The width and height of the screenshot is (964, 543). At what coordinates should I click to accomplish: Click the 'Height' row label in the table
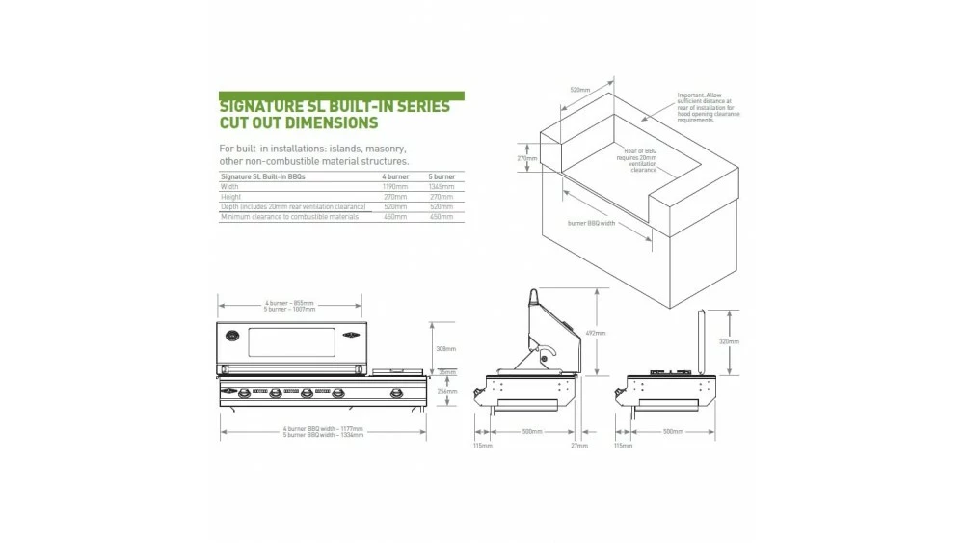[x=231, y=196]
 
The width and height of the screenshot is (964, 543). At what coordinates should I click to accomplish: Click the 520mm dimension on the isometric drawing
[x=579, y=90]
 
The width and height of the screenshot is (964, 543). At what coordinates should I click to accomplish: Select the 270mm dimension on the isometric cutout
[x=527, y=158]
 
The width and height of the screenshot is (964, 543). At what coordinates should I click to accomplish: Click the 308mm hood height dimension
[x=445, y=349]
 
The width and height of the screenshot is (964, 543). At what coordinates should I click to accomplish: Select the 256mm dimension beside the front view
[x=445, y=391]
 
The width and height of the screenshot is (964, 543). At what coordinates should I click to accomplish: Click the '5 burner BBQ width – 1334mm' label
[x=323, y=435]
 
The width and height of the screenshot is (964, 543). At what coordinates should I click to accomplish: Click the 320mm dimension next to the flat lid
[x=730, y=341]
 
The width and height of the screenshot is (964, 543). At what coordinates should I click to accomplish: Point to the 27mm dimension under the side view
[x=578, y=446]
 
